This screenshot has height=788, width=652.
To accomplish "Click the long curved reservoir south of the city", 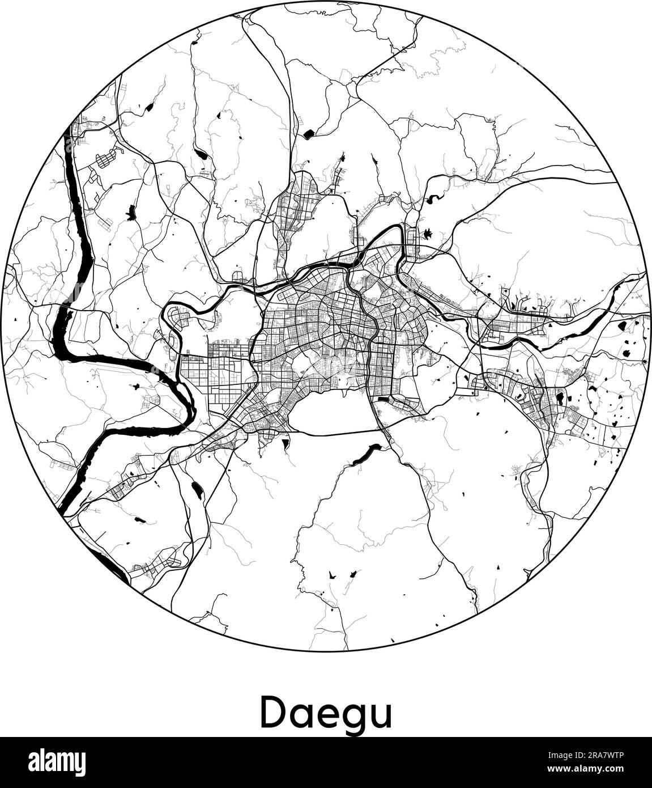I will pos(363,455).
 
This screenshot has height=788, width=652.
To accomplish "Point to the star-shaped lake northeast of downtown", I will pos(412,233).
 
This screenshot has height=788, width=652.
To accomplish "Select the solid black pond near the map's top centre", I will pos(309,134).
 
